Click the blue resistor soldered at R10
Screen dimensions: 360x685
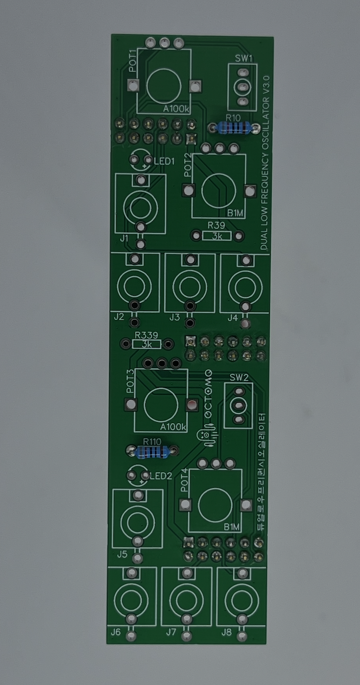pyautogui.click(x=233, y=128)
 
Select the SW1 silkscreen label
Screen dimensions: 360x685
pyautogui.click(x=243, y=58)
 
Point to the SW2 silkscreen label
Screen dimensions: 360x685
pyautogui.click(x=239, y=378)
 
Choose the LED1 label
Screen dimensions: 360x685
pyautogui.click(x=164, y=161)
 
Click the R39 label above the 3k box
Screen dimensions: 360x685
pyautogui.click(x=217, y=225)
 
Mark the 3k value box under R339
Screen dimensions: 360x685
pyautogui.click(x=147, y=345)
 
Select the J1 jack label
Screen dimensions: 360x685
pyautogui.click(x=124, y=238)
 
